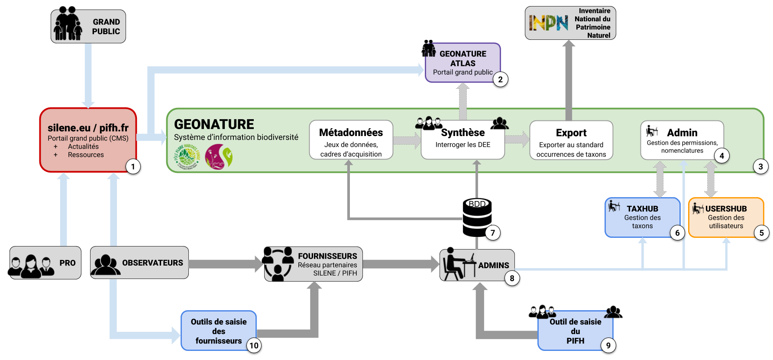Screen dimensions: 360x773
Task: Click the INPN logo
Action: coord(548,23)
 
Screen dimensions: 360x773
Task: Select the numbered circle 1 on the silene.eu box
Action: coord(133,166)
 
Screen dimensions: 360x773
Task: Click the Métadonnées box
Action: coord(351,140)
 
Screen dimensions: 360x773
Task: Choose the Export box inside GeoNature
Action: coord(571,140)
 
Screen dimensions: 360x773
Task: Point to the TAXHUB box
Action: coord(642,217)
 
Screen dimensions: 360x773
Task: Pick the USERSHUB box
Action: coord(726,217)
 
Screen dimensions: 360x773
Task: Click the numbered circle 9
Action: coord(608,345)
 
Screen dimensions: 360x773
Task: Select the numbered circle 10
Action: coord(254,345)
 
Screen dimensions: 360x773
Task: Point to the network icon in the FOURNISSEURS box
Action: coord(279,264)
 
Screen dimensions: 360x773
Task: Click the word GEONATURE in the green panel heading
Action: coord(214,124)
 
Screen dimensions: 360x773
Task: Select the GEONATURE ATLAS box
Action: coord(463,63)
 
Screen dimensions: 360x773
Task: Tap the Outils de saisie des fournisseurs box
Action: coord(218,331)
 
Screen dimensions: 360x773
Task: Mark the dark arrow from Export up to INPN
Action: coord(569,80)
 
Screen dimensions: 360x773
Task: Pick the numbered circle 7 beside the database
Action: coord(492,233)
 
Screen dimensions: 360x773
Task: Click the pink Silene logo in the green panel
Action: coord(219,156)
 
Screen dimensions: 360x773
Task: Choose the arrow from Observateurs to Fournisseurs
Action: coord(225,263)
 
